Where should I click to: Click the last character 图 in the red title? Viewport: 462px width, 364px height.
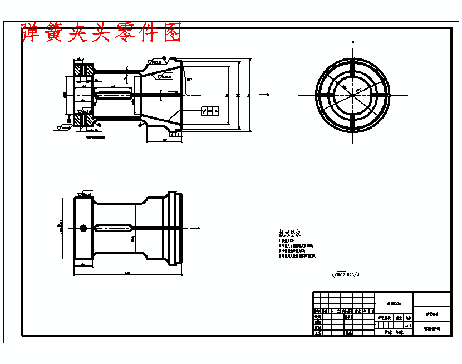tap(173, 34)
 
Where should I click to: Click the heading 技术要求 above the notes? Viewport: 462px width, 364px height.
tap(289, 233)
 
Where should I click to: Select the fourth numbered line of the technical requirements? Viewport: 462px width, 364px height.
tap(297, 257)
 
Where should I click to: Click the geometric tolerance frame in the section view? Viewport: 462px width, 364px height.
tap(209, 111)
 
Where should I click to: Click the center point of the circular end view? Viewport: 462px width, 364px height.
tap(352, 94)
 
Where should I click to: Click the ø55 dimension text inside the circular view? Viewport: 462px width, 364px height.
tap(358, 89)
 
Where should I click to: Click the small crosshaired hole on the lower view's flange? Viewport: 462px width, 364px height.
tap(83, 227)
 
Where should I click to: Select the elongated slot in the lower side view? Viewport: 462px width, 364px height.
tap(114, 228)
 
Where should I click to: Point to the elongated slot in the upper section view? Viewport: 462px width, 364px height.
tap(114, 95)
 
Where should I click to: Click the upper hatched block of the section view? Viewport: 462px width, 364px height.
tap(84, 70)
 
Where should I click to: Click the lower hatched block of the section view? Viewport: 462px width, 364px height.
tap(84, 119)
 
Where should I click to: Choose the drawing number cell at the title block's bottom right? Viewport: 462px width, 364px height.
tap(432, 329)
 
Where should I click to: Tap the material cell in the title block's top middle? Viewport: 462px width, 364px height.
tap(393, 303)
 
